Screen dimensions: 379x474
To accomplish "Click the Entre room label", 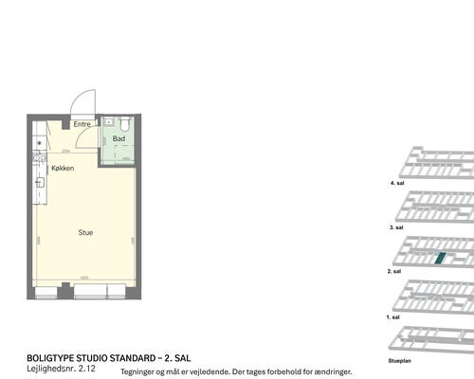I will tap(82, 124).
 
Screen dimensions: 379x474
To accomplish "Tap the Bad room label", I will tap(118, 139).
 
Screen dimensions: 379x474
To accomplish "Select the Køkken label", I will tap(63, 168).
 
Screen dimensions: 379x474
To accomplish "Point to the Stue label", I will tap(85, 232).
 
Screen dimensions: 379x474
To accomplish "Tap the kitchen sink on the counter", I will tap(39, 181).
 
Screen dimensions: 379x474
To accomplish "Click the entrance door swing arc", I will tap(86, 103).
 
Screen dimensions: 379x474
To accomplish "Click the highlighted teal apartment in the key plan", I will tap(438, 258).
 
